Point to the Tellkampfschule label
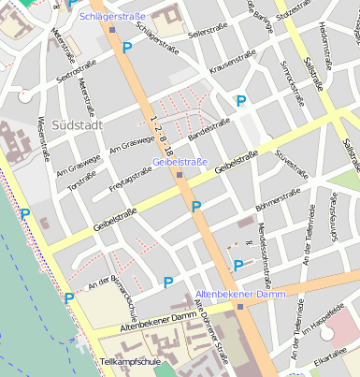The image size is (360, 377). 131,360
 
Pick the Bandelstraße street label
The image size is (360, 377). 209,130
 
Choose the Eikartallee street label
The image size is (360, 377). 332,357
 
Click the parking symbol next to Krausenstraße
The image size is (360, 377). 241,100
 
